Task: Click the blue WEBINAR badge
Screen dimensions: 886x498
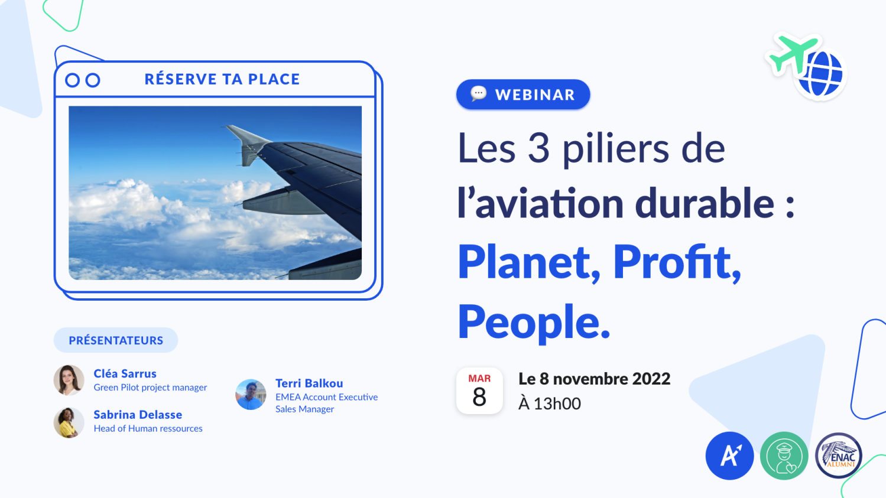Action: pos(523,95)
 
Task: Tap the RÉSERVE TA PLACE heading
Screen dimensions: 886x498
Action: pos(222,79)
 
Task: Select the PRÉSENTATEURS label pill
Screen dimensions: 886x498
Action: pos(116,340)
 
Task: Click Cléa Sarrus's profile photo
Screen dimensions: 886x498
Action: pos(69,380)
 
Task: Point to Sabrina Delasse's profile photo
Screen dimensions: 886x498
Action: pos(69,422)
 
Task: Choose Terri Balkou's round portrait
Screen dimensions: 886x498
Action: pos(251,395)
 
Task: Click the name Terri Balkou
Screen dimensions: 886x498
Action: pos(309,383)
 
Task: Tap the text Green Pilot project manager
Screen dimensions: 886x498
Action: pos(150,388)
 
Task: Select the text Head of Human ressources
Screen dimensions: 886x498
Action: pos(148,428)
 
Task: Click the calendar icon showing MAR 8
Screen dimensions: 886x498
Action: pos(479,391)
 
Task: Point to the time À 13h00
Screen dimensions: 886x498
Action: pos(550,403)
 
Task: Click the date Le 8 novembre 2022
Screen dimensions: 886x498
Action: pos(595,379)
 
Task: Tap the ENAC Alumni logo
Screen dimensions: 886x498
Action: pos(839,455)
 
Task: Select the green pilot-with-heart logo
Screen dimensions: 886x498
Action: pos(784,455)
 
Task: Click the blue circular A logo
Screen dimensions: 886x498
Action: pos(730,455)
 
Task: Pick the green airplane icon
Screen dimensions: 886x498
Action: pos(792,54)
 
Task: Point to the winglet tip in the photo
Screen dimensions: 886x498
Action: pos(227,126)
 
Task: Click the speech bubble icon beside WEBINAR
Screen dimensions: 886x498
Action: pos(479,94)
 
